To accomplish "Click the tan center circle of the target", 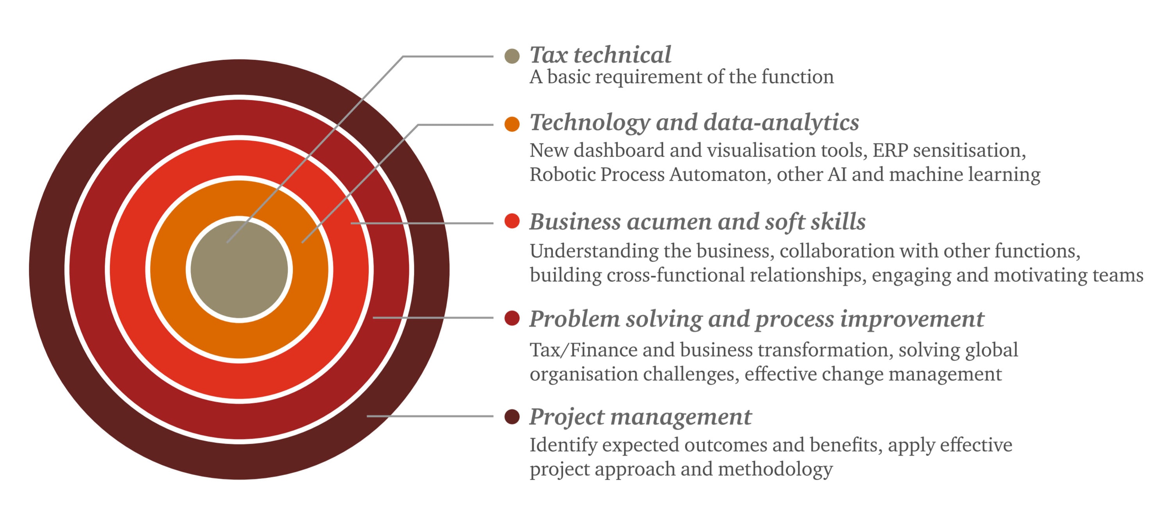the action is tap(239, 269).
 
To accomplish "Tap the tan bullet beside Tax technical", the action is tap(512, 56).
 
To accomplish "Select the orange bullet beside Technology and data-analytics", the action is tap(512, 124).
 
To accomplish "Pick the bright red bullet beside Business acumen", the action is tap(512, 221).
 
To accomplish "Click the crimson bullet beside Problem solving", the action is tap(512, 318).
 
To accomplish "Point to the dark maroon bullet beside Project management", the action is tap(512, 416).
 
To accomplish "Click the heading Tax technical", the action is tap(600, 55).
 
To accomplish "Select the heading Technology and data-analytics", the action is tap(694, 123).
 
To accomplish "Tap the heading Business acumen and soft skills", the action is tap(697, 221).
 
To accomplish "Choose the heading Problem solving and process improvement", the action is tap(756, 319).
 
